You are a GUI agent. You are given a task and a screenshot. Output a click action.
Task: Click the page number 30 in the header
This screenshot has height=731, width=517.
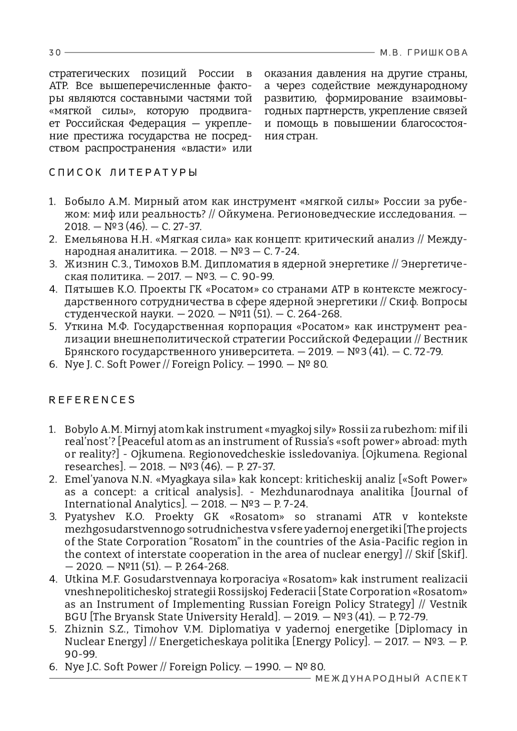pyautogui.click(x=55, y=53)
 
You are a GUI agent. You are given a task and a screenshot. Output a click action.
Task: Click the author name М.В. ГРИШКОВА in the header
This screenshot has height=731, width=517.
pyautogui.click(x=424, y=53)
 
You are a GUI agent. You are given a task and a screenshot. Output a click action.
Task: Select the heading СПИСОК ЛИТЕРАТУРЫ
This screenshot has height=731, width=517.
pyautogui.click(x=123, y=173)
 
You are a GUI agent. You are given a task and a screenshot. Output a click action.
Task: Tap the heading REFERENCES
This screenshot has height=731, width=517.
pyautogui.click(x=92, y=400)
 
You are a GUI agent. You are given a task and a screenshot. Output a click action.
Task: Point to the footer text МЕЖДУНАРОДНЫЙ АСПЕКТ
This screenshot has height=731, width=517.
pyautogui.click(x=392, y=679)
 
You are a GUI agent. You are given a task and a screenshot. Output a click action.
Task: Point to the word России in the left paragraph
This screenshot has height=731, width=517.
pyautogui.click(x=216, y=73)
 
